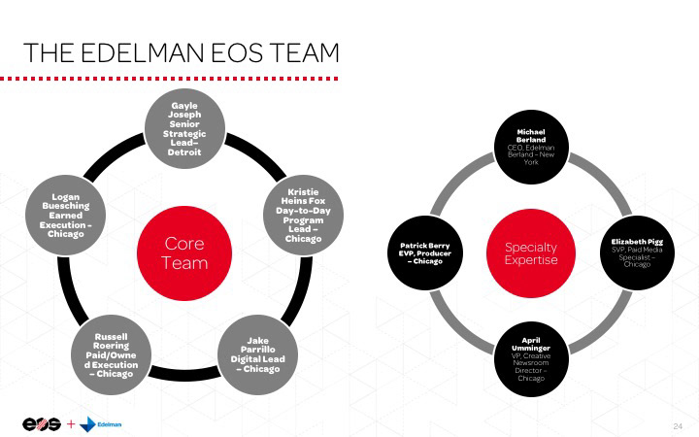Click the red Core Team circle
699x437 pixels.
tap(184, 252)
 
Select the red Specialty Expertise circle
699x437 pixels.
tap(531, 254)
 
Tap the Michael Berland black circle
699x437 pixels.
tap(531, 147)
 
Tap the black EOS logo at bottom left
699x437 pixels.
tap(42, 423)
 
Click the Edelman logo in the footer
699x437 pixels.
tap(101, 423)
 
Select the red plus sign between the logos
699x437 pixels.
tap(71, 423)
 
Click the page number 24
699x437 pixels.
tap(678, 426)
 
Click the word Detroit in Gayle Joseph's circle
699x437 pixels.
tap(184, 152)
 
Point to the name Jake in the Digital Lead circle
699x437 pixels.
tap(257, 340)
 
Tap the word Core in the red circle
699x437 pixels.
tap(184, 243)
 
